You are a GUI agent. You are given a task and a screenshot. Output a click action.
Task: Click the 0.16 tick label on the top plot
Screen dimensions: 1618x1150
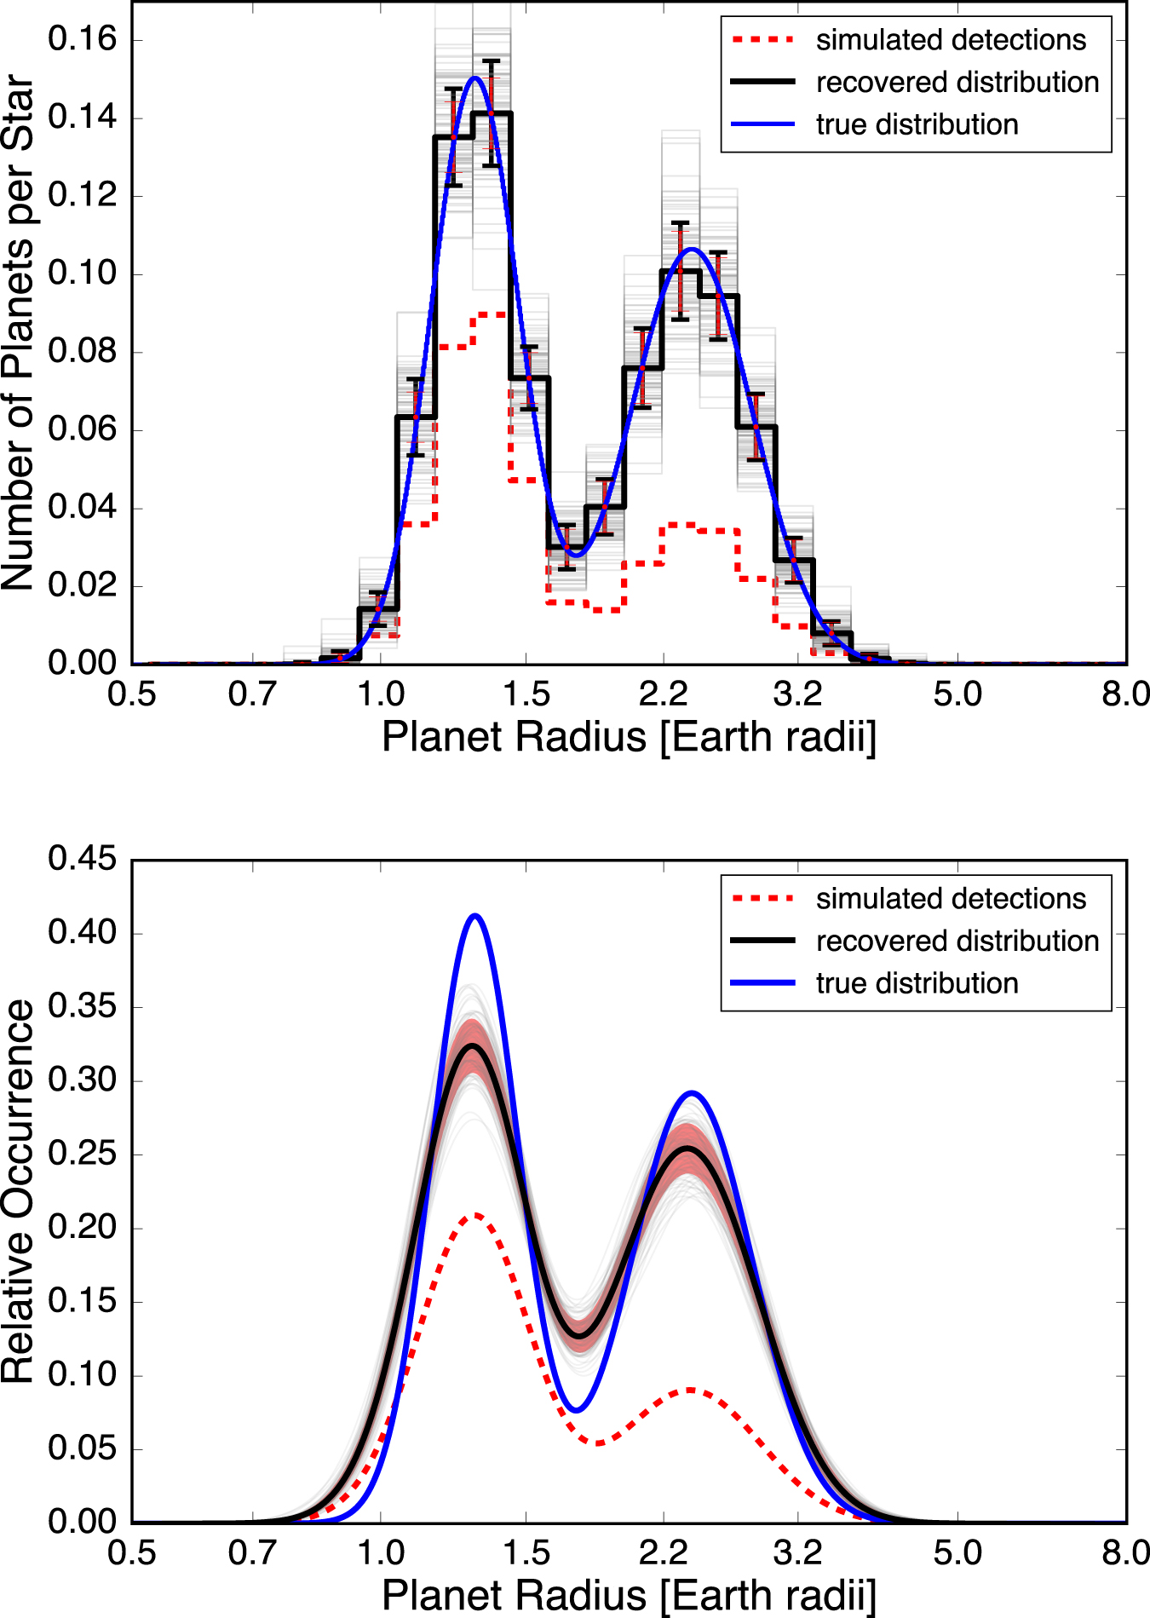pos(82,39)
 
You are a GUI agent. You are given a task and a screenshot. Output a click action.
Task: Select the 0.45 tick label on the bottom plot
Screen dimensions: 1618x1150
pos(82,858)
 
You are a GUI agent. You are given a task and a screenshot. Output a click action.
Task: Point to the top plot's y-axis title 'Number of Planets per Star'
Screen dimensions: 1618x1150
pos(19,332)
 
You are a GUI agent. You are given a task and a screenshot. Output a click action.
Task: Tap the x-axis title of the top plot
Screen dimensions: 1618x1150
pos(629,737)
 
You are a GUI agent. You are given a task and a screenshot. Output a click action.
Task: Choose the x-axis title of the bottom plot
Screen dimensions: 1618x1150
pos(629,1595)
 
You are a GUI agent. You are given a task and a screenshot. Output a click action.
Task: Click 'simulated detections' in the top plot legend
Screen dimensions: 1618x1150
pos(951,40)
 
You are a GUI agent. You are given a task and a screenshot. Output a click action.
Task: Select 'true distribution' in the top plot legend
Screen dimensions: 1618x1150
pos(917,124)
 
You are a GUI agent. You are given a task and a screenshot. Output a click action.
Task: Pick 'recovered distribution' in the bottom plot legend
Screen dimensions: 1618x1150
pos(957,941)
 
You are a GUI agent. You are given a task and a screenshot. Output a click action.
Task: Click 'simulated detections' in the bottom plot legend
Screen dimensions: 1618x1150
pos(951,899)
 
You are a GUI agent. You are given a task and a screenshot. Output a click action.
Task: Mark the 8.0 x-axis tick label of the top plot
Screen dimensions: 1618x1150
pos(1124,694)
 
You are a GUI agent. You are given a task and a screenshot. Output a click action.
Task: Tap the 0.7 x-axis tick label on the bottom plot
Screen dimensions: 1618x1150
pos(252,1553)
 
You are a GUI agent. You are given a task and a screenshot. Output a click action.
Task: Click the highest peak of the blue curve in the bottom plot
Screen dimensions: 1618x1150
pos(475,916)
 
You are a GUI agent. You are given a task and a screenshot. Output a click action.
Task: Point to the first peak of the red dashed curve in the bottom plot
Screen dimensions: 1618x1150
pos(475,1214)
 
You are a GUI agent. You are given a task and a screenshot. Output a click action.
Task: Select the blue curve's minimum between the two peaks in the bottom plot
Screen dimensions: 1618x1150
pos(577,1411)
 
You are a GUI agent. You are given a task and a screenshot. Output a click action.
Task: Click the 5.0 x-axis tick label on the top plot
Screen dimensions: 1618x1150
pos(957,694)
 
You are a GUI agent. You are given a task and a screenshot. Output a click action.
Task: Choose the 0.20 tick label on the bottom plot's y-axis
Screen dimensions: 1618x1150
pos(82,1227)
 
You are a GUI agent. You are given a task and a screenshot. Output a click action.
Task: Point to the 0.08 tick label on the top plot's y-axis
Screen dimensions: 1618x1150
pos(82,351)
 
